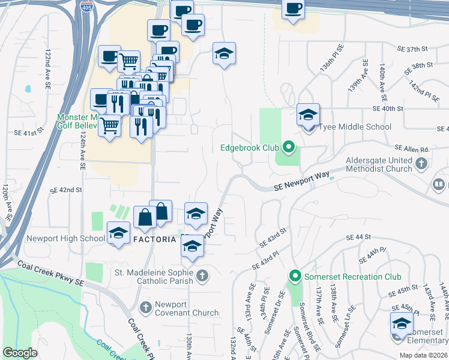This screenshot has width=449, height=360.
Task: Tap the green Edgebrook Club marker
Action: (288, 146)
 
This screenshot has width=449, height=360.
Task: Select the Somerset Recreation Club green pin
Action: (295, 277)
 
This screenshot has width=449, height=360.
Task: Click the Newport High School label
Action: (66, 238)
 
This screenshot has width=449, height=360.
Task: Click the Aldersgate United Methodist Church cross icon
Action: (421, 163)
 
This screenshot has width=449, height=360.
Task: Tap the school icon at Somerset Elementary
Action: (402, 324)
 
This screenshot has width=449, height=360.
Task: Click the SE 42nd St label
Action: (66, 190)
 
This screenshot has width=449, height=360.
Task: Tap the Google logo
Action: (20, 353)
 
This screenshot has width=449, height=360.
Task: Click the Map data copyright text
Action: (423, 355)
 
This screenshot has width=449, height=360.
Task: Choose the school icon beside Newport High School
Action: (118, 233)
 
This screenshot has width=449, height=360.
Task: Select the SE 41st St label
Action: (32, 130)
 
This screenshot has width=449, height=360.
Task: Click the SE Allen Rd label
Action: (411, 149)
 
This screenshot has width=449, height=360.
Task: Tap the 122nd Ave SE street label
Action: (47, 70)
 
